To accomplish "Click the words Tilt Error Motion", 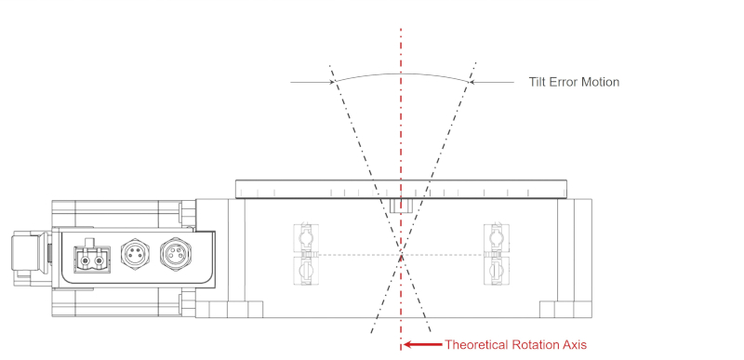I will click(574, 82).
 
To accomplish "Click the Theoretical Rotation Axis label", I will click(515, 344).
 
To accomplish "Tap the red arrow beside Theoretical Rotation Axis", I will click(423, 344).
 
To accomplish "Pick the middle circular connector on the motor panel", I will click(135, 252).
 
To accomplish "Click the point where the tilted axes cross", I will click(401, 254).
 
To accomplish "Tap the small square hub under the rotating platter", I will click(401, 205).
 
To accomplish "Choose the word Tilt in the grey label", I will click(538, 82).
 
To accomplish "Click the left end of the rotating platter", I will click(241, 190).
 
